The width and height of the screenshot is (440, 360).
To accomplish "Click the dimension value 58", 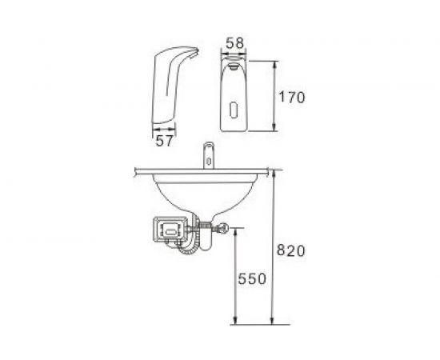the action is pos(235,43).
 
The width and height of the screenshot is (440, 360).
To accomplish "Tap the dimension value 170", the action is pos(291,98).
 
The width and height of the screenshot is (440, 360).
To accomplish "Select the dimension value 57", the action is pos(164,140).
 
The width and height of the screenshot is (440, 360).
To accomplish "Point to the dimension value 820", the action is pos(290,250).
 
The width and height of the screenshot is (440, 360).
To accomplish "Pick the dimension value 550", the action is pos(252,279).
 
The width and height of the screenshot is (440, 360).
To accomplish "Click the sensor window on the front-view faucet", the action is pos(234,110).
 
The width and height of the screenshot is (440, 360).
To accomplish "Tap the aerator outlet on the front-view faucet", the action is pos(234,66).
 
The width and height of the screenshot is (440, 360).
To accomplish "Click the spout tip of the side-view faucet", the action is pos(194,54).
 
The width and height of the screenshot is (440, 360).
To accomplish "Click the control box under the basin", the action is pos(170,230).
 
